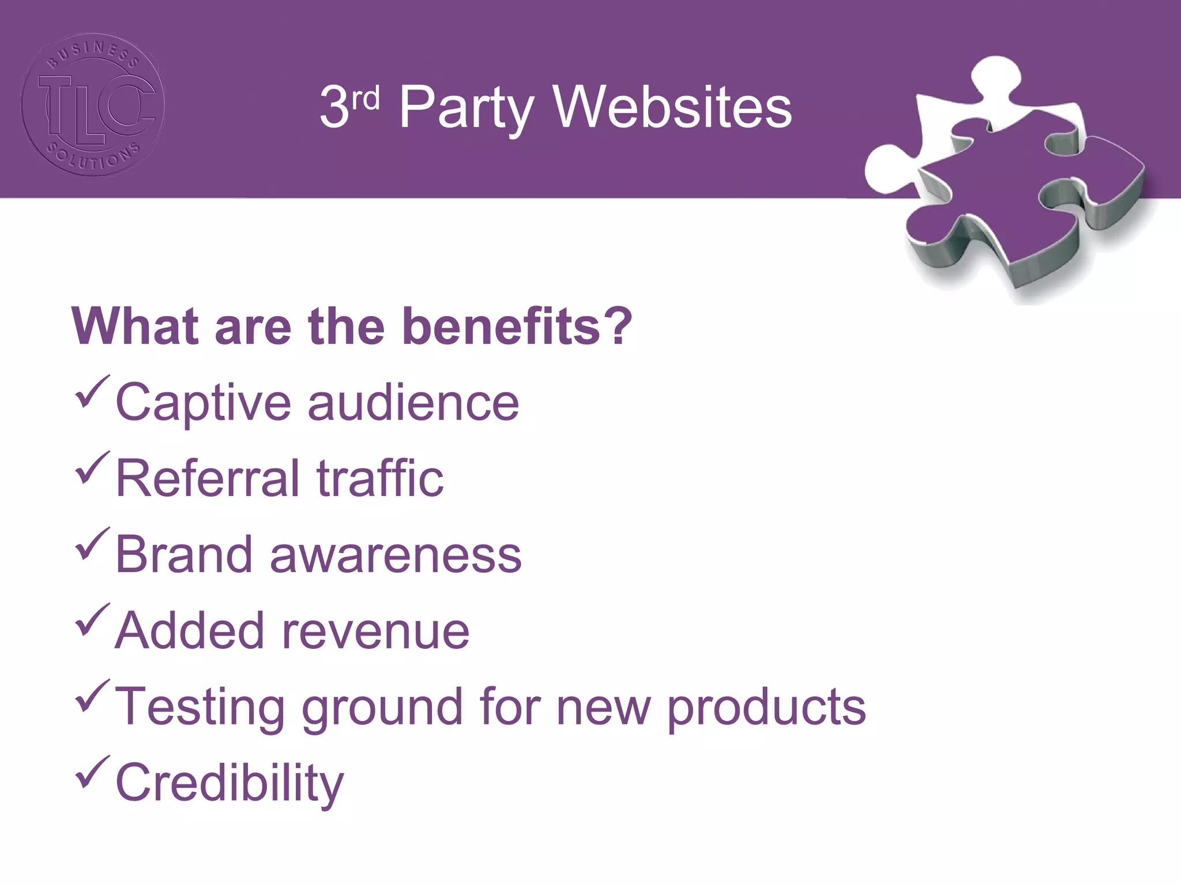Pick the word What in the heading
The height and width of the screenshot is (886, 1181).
pyautogui.click(x=135, y=326)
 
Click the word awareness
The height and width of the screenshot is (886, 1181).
pyautogui.click(x=396, y=555)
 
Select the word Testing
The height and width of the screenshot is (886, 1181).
pyautogui.click(x=200, y=707)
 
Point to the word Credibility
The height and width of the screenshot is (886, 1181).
pyautogui.click(x=230, y=783)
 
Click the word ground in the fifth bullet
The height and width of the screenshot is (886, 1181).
pyautogui.click(x=382, y=708)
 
